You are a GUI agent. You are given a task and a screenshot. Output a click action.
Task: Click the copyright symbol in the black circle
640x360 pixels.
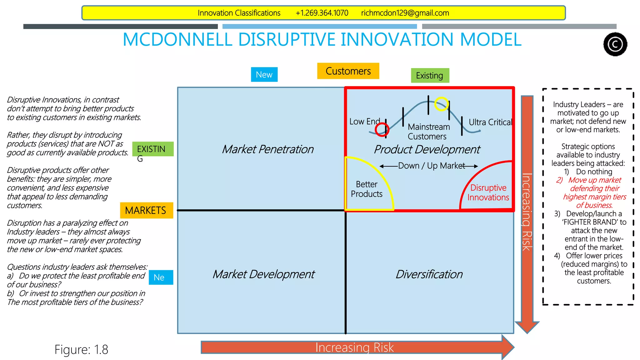[615, 44]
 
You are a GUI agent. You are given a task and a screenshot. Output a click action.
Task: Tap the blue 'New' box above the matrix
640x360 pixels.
[264, 75]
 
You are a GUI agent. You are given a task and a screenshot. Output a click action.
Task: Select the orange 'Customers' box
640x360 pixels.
[348, 71]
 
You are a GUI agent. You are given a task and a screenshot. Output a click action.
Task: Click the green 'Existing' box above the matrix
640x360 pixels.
[430, 76]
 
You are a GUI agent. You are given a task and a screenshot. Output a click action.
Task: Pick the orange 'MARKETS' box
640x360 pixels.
[146, 210]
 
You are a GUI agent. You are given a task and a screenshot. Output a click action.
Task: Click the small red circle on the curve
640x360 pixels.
[382, 129]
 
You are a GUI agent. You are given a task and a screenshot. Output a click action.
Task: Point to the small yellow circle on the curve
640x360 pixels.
[442, 104]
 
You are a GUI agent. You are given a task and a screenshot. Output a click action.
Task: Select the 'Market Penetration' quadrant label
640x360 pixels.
[267, 149]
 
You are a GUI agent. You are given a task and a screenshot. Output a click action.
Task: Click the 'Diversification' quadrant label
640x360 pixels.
[429, 274]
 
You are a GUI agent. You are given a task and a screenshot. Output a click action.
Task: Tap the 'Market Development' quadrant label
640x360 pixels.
[263, 274]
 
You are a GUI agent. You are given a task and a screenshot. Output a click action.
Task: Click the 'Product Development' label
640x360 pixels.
[427, 149]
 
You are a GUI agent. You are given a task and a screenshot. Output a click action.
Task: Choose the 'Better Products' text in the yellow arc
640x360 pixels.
[367, 189]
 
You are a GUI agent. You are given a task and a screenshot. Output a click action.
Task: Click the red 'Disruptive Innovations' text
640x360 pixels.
[488, 192]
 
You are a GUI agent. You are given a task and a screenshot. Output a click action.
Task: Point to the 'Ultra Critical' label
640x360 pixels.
[490, 122]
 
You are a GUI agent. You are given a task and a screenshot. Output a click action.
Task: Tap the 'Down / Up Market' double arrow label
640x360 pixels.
[431, 166]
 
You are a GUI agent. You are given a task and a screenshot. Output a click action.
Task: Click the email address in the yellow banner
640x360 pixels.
[405, 13]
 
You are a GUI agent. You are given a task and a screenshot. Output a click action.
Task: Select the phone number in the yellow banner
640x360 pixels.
[322, 13]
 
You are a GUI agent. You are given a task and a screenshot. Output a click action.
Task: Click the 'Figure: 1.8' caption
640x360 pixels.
[81, 349]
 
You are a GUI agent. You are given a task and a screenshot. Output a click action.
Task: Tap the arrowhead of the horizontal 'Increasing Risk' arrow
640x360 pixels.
[508, 347]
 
